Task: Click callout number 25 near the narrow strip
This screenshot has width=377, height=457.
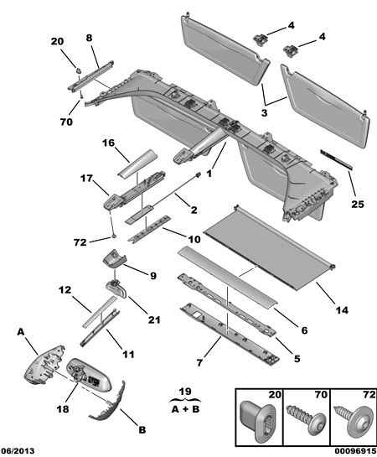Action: tap(358, 204)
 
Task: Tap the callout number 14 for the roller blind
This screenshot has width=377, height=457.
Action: tap(342, 310)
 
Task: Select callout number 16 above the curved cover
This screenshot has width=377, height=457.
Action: tap(108, 143)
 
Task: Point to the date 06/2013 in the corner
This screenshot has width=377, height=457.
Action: tap(18, 451)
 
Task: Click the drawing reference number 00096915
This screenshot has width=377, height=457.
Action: tap(355, 451)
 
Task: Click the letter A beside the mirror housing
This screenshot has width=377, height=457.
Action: tap(21, 332)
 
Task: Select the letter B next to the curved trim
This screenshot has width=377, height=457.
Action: tap(142, 429)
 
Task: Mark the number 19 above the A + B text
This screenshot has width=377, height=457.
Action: tap(185, 391)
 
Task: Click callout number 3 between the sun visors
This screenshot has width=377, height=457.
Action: tap(264, 112)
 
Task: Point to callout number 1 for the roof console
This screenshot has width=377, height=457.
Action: tap(209, 174)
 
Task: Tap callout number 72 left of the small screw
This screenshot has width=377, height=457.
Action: tap(80, 242)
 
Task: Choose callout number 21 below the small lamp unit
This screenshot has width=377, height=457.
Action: tap(154, 320)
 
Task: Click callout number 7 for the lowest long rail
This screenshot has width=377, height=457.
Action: tap(199, 362)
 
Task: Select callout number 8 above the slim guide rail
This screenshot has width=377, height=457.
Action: tap(89, 38)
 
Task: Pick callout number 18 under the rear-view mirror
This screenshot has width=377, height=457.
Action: tap(63, 409)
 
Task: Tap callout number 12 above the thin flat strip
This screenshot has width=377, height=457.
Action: tap(65, 289)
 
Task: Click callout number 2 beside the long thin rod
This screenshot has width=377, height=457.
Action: tap(194, 210)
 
